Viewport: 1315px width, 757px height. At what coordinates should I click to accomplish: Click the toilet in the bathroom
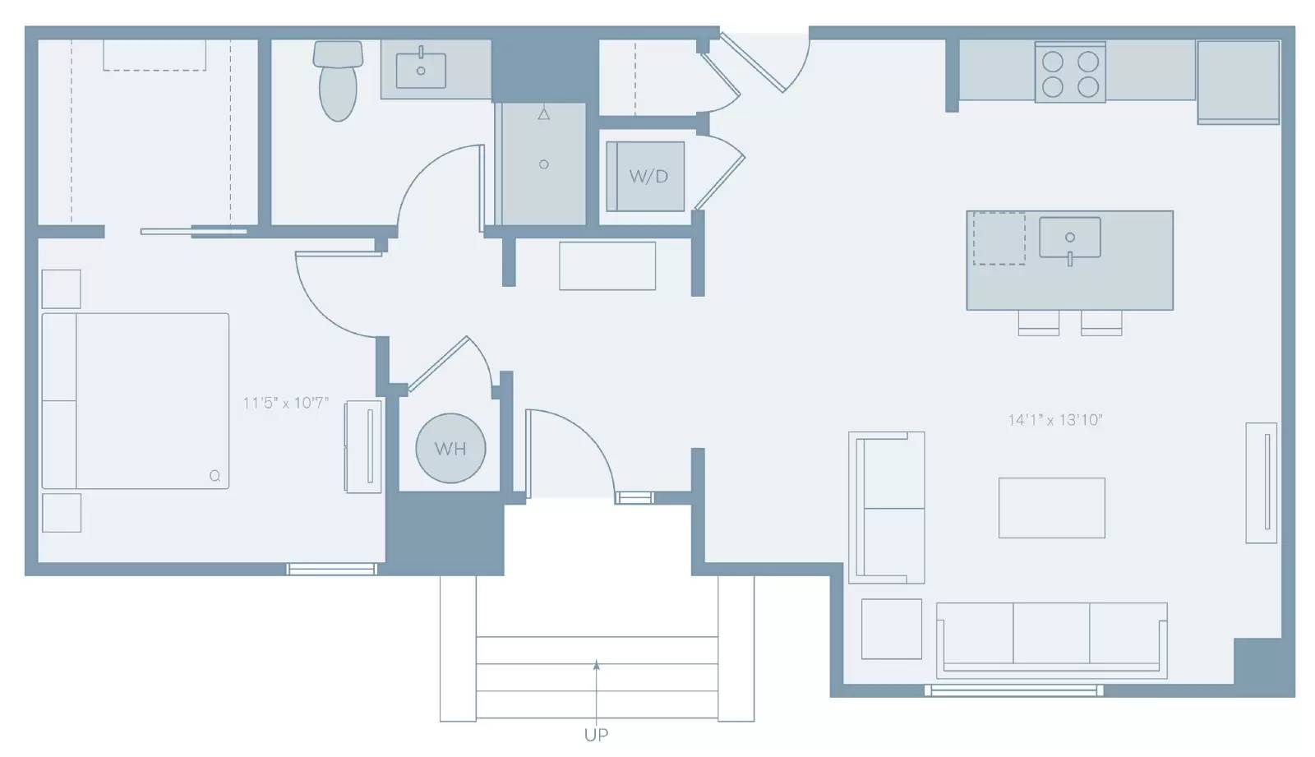tap(338, 81)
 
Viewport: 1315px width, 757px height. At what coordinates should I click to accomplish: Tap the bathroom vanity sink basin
tap(421, 71)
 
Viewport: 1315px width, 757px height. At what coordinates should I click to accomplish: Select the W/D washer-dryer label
tap(648, 176)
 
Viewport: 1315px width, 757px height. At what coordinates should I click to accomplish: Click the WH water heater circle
tap(451, 448)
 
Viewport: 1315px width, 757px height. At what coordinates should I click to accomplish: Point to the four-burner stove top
tap(1070, 73)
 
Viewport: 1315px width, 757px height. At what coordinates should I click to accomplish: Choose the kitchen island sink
tap(1070, 238)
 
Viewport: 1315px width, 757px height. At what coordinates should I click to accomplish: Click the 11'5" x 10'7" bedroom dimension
tap(286, 403)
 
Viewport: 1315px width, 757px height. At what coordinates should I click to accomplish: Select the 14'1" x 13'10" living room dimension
tap(1055, 420)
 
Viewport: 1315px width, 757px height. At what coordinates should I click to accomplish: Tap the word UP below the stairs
tap(597, 735)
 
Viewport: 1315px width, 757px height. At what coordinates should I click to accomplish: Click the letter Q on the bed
tap(215, 476)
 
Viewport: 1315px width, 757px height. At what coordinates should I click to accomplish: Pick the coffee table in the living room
tap(1052, 508)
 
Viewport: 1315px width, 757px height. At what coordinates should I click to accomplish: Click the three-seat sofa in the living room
tap(1052, 640)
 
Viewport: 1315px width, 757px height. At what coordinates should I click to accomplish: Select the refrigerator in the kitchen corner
tap(1239, 82)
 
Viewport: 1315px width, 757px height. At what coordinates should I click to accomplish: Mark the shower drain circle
tap(544, 164)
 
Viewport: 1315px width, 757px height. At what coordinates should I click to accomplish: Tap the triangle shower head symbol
tap(544, 114)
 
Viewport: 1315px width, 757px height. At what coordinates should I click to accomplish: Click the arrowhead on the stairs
tap(597, 665)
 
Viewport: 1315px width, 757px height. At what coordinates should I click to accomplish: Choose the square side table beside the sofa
tap(892, 629)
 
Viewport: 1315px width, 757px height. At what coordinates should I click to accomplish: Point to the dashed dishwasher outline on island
tap(999, 238)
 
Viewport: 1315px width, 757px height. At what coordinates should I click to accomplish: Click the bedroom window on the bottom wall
tap(332, 569)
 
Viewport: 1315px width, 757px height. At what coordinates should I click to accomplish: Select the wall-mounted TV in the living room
tap(1262, 482)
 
